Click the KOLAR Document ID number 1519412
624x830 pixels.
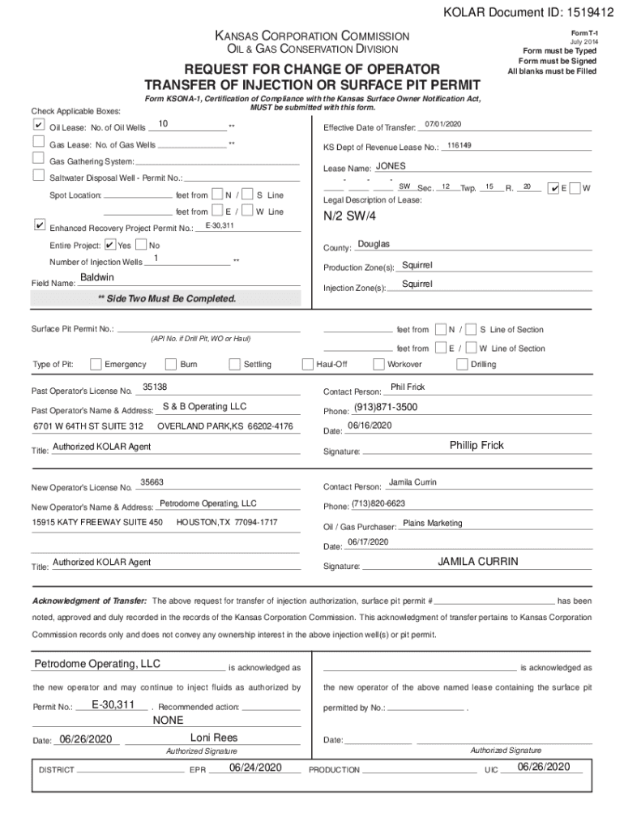(x=584, y=13)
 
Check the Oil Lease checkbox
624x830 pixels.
(x=38, y=126)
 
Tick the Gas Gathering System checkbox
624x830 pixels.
(x=38, y=160)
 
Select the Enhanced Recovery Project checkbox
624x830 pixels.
(x=38, y=225)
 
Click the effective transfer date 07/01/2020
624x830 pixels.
(x=442, y=124)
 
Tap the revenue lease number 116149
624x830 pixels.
(x=459, y=145)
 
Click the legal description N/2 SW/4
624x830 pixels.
(x=349, y=217)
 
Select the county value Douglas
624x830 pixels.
(x=374, y=244)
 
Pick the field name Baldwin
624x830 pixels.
(x=96, y=277)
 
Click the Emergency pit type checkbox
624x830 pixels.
(x=96, y=364)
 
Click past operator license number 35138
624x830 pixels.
(x=154, y=387)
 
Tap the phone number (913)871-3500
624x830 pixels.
(x=386, y=407)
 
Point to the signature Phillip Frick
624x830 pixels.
(x=477, y=445)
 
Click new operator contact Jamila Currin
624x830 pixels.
(x=412, y=483)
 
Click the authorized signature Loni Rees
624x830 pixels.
(x=214, y=738)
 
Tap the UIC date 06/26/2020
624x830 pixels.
(x=544, y=767)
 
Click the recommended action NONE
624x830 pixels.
(x=169, y=720)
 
